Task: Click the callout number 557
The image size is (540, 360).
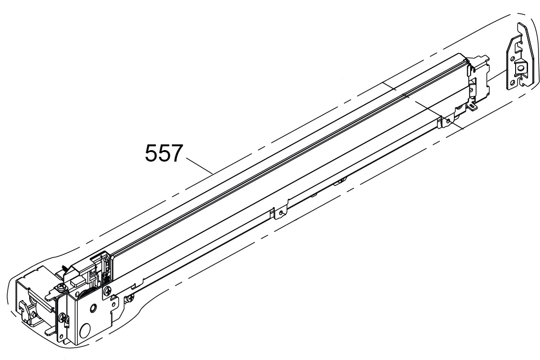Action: pyautogui.click(x=163, y=153)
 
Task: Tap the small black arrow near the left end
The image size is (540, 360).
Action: pyautogui.click(x=65, y=267)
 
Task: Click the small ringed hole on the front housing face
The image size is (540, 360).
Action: pyautogui.click(x=92, y=308)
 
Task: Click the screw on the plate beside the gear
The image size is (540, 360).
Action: pyautogui.click(x=107, y=291)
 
